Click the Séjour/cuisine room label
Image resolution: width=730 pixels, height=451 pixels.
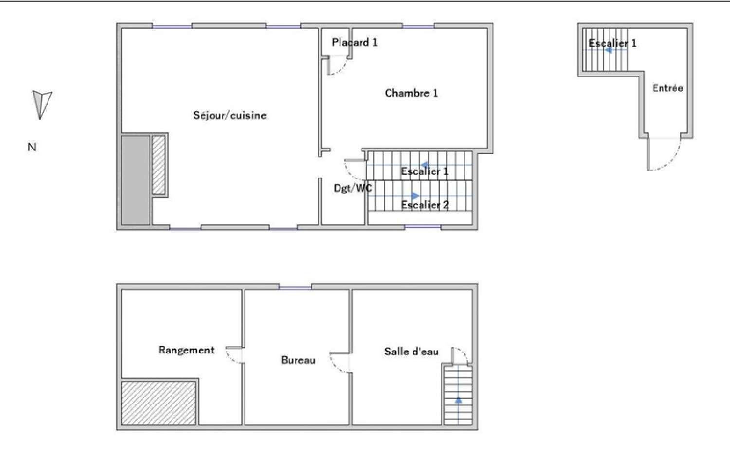click(230, 115)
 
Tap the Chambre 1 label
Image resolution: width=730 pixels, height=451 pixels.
click(411, 93)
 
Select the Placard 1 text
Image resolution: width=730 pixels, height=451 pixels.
click(354, 42)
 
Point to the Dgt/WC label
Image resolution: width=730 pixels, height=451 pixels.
click(353, 188)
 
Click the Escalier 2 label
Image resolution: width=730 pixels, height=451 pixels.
click(425, 205)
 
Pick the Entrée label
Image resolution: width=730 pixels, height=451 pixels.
click(667, 88)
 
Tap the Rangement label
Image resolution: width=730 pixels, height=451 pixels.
click(186, 350)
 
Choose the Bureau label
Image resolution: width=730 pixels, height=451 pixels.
click(298, 360)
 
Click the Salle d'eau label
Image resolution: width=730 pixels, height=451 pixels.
click(411, 351)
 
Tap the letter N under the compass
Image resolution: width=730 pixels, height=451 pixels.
click(32, 147)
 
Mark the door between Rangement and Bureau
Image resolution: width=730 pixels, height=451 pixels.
click(235, 355)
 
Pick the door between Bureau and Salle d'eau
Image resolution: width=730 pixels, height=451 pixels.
click(340, 362)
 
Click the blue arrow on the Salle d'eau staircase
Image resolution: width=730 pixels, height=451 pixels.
click(458, 400)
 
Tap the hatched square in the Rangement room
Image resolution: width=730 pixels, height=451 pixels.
click(159, 403)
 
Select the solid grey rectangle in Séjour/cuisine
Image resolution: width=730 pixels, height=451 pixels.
click(135, 180)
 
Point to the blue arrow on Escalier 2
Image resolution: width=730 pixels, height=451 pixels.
click(414, 196)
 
